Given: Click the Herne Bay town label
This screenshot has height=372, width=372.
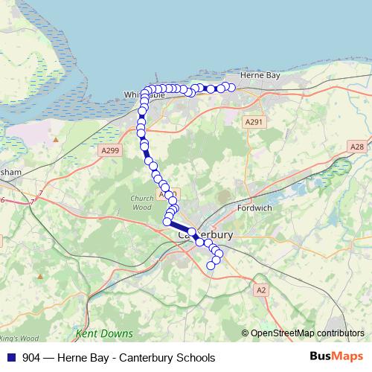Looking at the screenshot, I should (x=258, y=76).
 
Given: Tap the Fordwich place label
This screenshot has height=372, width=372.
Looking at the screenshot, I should (x=254, y=208).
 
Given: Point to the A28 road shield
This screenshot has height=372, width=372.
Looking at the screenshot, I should (x=357, y=147).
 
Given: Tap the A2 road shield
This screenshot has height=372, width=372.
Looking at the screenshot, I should (x=260, y=290).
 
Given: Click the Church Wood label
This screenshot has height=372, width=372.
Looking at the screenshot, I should (x=141, y=202).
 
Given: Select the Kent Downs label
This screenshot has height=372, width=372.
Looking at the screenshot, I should (x=104, y=333).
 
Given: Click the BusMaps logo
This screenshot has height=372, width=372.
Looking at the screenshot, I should (x=336, y=357).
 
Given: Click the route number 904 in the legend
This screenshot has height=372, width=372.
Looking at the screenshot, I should (x=31, y=358).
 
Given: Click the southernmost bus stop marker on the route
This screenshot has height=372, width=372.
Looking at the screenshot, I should (x=211, y=265).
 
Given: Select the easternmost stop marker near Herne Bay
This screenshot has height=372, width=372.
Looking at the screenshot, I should (x=231, y=88).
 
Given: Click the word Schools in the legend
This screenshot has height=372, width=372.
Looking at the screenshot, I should (x=194, y=358).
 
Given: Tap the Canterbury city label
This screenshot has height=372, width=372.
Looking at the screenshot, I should (x=206, y=234).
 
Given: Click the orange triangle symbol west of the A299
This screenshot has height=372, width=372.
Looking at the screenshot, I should (x=55, y=138).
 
